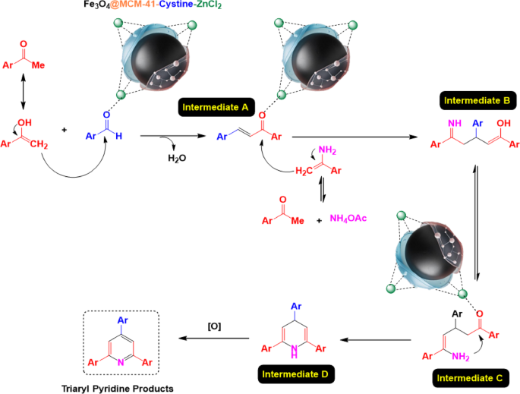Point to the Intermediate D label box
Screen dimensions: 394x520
click(x=295, y=374)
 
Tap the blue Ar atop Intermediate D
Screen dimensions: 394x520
click(x=295, y=307)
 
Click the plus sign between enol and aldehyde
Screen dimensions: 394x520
click(x=64, y=130)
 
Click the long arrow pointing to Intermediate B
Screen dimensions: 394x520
click(x=348, y=137)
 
